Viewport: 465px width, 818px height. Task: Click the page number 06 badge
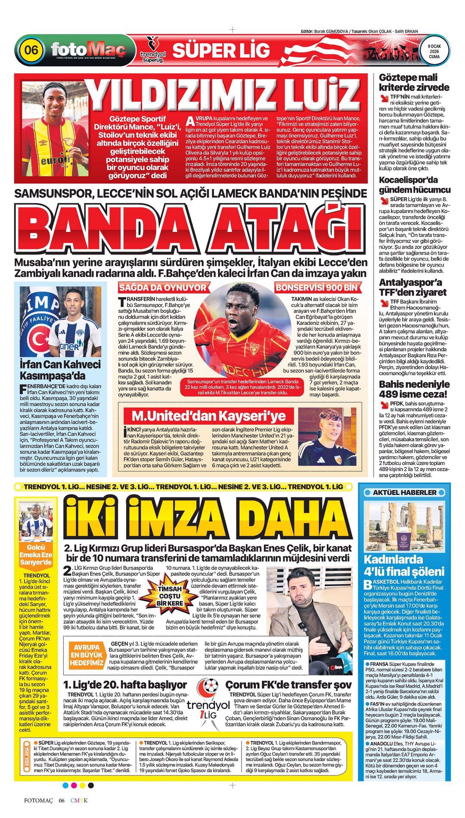31,50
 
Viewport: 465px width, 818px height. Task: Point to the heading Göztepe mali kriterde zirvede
414,82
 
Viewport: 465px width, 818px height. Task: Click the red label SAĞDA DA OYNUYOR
163,287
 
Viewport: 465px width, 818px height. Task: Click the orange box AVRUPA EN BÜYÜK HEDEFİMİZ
87,656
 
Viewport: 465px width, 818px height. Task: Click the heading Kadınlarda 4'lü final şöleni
404,566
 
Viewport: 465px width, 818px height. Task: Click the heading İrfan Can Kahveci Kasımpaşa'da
60,369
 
